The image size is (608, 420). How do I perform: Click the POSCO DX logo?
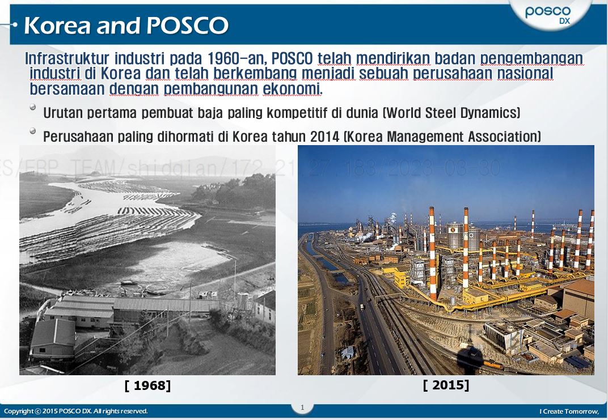tap(547, 14)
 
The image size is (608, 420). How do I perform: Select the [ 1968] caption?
tap(147, 386)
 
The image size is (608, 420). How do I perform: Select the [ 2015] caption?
tap(446, 385)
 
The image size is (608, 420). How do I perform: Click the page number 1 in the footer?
tap(302, 407)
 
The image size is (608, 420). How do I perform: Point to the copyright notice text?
tap(76, 411)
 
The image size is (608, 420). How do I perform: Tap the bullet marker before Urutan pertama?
tap(33, 107)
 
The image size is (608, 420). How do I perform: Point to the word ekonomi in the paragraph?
tap(292, 89)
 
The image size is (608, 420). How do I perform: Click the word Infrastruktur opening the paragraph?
tap(67, 58)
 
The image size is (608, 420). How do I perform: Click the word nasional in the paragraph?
tap(525, 74)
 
